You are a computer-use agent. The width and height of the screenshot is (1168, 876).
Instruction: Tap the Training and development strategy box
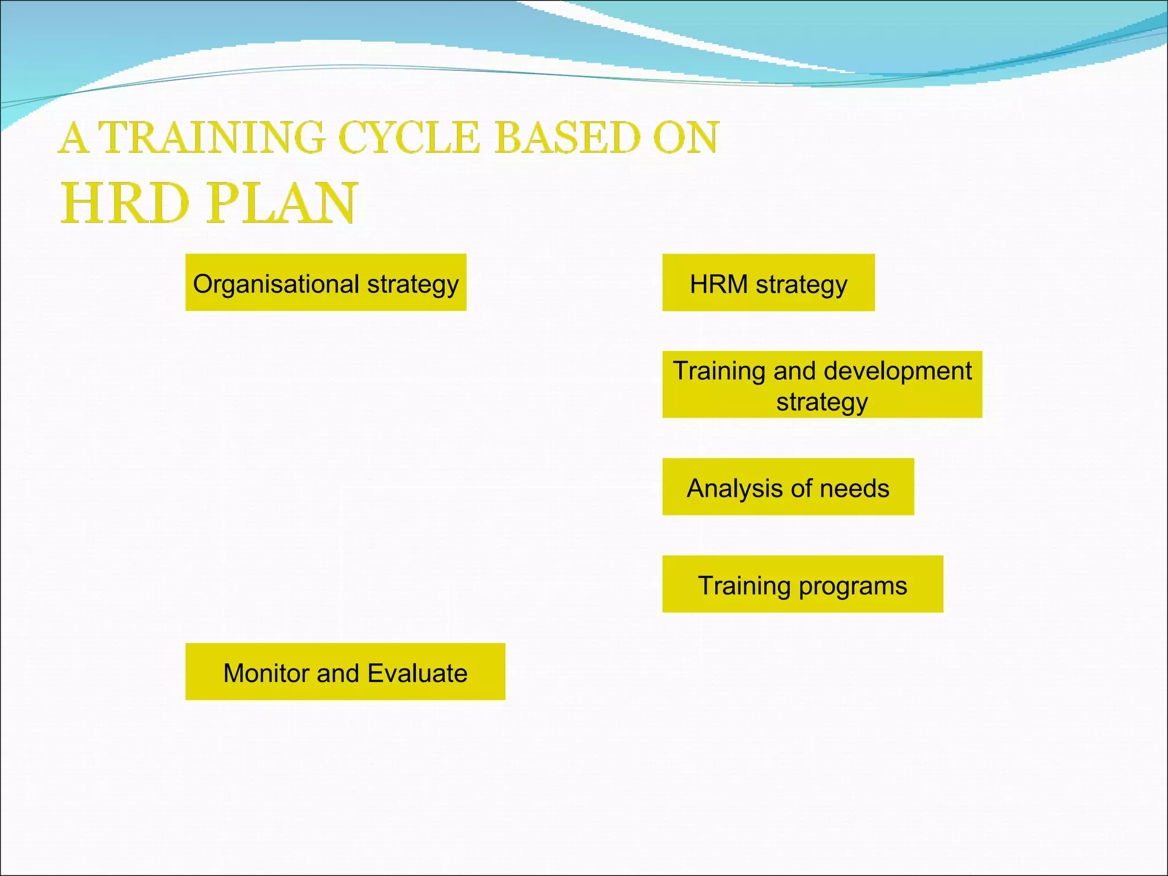click(x=822, y=384)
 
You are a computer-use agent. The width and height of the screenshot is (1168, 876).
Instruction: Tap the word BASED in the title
click(x=567, y=138)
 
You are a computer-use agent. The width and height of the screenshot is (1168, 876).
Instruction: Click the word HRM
click(x=719, y=284)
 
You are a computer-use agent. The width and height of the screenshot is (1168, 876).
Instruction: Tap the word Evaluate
click(x=417, y=674)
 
